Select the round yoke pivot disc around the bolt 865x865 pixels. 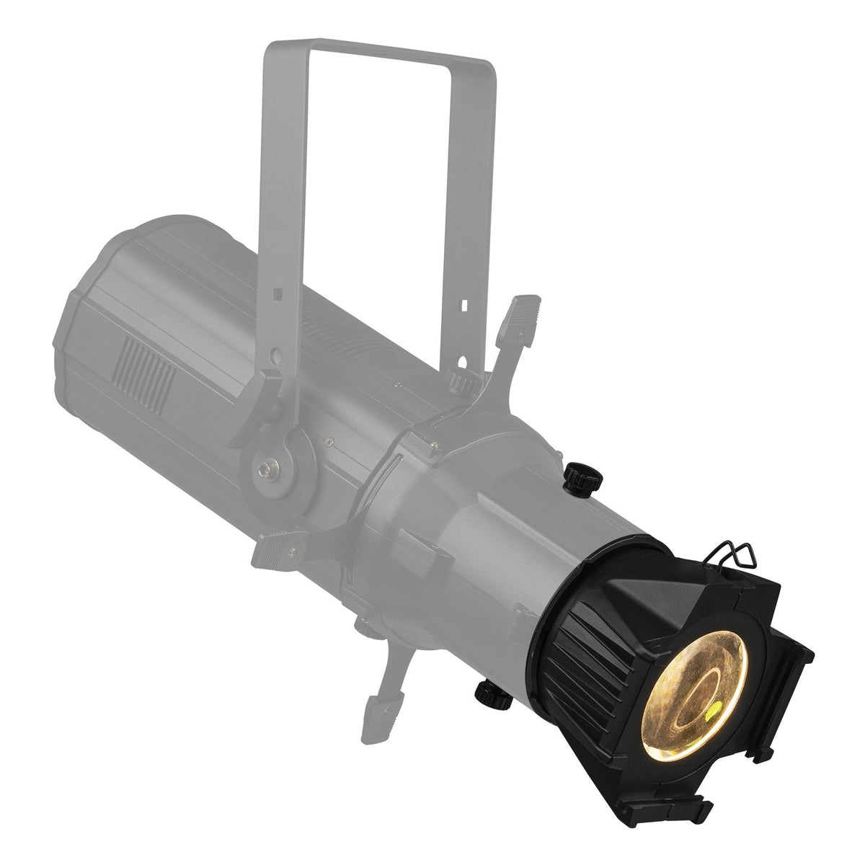pyautogui.click(x=278, y=469)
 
